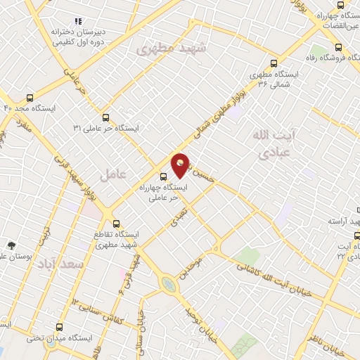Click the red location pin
pos(181,165)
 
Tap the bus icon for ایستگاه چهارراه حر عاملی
pos(163,176)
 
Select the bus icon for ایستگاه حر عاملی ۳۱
pos(105,117)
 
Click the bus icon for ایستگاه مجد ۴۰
pos(30,98)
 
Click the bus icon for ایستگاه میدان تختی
pos(59,327)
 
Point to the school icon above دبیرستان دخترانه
pos(78,22)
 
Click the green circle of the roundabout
pos(167,285)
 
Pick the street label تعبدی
pos(179,214)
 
